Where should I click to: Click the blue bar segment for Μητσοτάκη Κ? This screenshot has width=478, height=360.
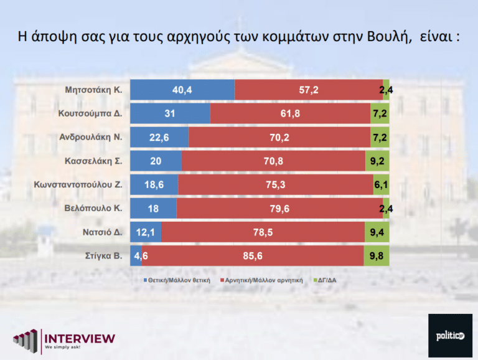click(182, 90)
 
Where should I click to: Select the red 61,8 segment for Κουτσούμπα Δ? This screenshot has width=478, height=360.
click(290, 114)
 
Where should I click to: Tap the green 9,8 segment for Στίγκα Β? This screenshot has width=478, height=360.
click(377, 255)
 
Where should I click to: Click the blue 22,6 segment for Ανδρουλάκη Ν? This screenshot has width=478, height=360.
click(159, 138)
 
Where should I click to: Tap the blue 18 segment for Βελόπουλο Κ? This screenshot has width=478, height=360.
click(153, 209)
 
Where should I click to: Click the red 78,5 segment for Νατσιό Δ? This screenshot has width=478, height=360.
click(263, 232)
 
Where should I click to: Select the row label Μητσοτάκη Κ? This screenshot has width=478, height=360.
click(93, 90)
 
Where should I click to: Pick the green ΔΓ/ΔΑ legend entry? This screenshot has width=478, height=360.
click(331, 280)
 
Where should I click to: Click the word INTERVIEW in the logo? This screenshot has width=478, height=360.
click(79, 338)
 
